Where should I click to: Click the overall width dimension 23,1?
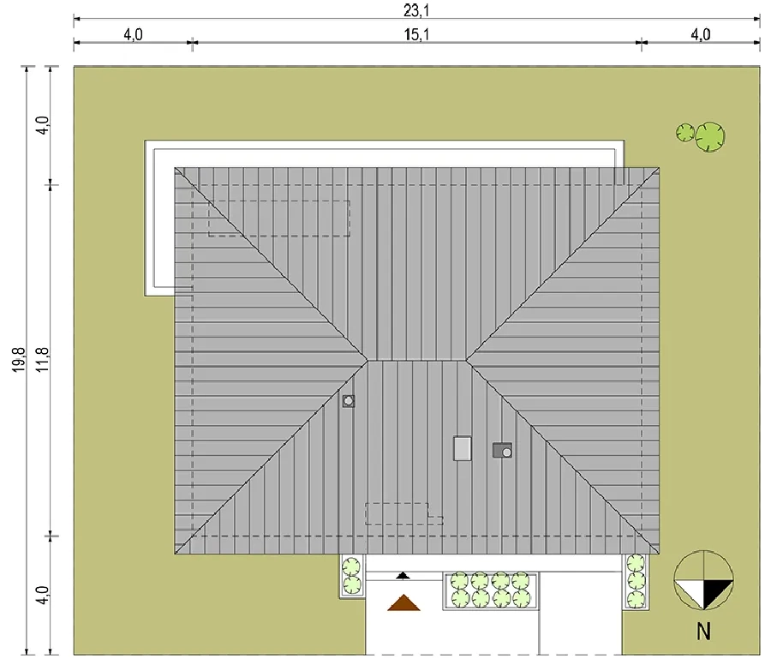coord(416,10)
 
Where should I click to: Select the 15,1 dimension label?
coord(416,35)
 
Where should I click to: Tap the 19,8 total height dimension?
coord(19,360)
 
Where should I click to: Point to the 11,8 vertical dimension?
coord(43,360)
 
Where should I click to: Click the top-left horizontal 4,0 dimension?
coord(133,35)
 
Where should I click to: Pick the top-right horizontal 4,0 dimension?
coord(701,35)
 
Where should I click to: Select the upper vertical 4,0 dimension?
coord(43,125)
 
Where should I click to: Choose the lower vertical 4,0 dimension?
coord(43,596)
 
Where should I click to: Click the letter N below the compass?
coord(703,632)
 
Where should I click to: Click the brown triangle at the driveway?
coord(403,603)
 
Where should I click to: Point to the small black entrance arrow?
coord(403,575)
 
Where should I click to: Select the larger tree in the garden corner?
coord(710,136)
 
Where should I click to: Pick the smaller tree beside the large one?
coord(685,132)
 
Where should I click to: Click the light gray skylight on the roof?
coord(463,449)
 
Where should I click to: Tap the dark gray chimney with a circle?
coord(503,450)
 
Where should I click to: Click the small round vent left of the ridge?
coord(349,401)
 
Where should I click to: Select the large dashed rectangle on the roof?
coord(278,219)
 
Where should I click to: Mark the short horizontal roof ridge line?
coord(417,361)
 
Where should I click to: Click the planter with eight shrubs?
coord(491,590)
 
